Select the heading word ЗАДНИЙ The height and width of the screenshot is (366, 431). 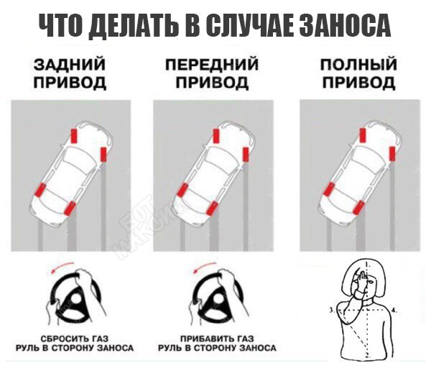click(x=70, y=64)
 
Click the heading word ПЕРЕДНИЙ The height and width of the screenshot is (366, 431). click(x=212, y=65)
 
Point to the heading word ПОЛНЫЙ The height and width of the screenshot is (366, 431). click(x=358, y=64)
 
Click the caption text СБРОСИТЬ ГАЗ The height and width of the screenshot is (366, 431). click(x=75, y=338)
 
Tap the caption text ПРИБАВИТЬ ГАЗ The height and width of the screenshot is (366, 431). click(x=217, y=338)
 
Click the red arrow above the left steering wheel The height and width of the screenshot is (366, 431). click(x=62, y=267)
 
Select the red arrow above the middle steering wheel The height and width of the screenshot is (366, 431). click(x=205, y=267)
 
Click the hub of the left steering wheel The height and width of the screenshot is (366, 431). click(x=75, y=301)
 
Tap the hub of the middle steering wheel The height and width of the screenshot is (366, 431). click(x=218, y=301)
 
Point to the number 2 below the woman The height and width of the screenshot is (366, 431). click(x=369, y=355)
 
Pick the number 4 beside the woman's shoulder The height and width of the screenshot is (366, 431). click(x=394, y=311)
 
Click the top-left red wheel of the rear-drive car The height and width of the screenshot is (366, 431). click(x=74, y=136)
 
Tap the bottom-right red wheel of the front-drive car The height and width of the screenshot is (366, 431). click(x=212, y=208)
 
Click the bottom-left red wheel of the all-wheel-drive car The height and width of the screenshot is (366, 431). click(x=329, y=189)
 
